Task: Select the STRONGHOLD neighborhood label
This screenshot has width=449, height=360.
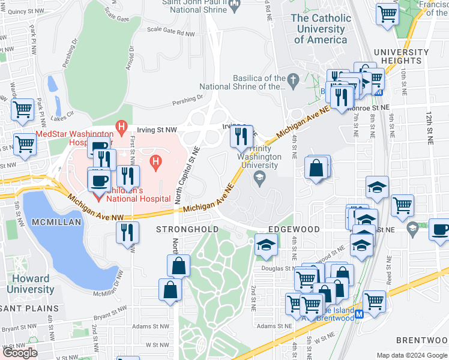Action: (x=187, y=230)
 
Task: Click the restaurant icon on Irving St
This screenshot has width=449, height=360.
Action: (x=242, y=136)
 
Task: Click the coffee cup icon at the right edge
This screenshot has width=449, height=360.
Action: (x=440, y=230)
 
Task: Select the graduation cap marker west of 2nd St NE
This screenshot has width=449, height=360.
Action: (x=266, y=245)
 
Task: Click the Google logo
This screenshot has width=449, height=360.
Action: (x=20, y=353)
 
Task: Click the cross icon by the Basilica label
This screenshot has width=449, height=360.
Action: (x=293, y=79)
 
